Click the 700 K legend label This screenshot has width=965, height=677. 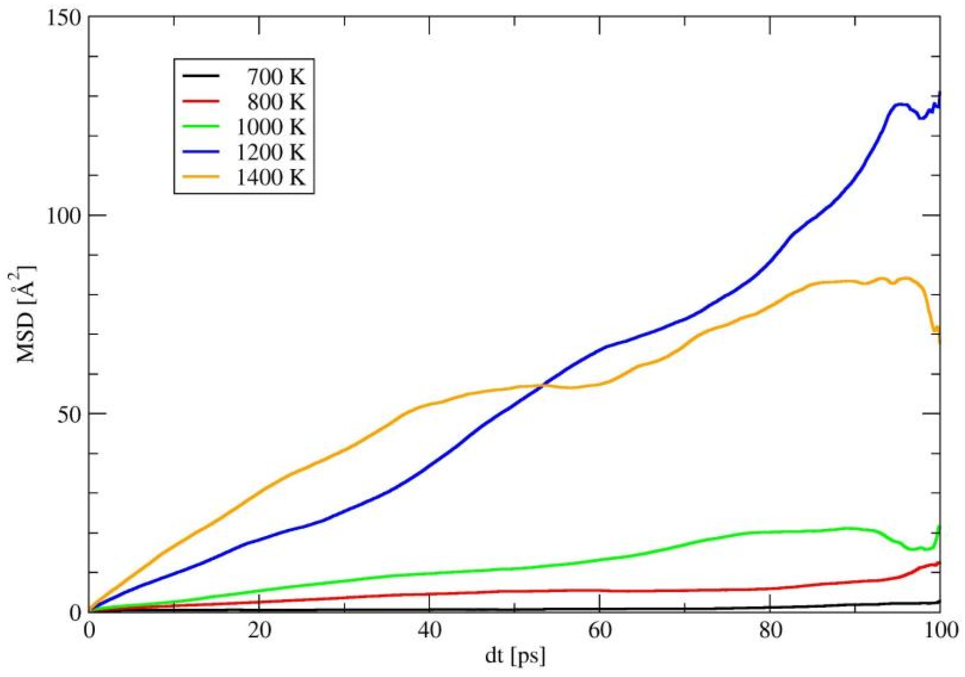275,77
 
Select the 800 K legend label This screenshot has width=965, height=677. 275,102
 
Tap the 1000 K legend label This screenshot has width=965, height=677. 270,127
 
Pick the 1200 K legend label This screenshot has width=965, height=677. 270,152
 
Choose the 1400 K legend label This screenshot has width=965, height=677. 270,177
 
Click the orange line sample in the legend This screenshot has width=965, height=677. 201,177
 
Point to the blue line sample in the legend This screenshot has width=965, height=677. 201,152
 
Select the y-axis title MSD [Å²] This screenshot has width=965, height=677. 25,314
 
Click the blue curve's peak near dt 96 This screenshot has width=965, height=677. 901,103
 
